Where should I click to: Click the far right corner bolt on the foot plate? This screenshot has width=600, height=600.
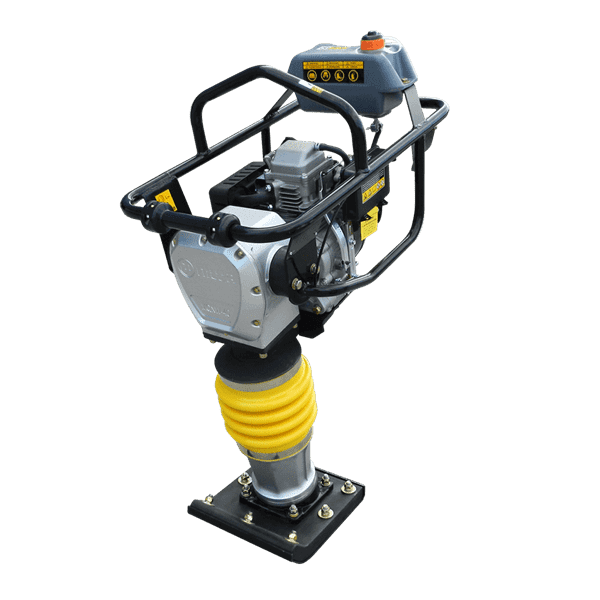[x=347, y=487]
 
